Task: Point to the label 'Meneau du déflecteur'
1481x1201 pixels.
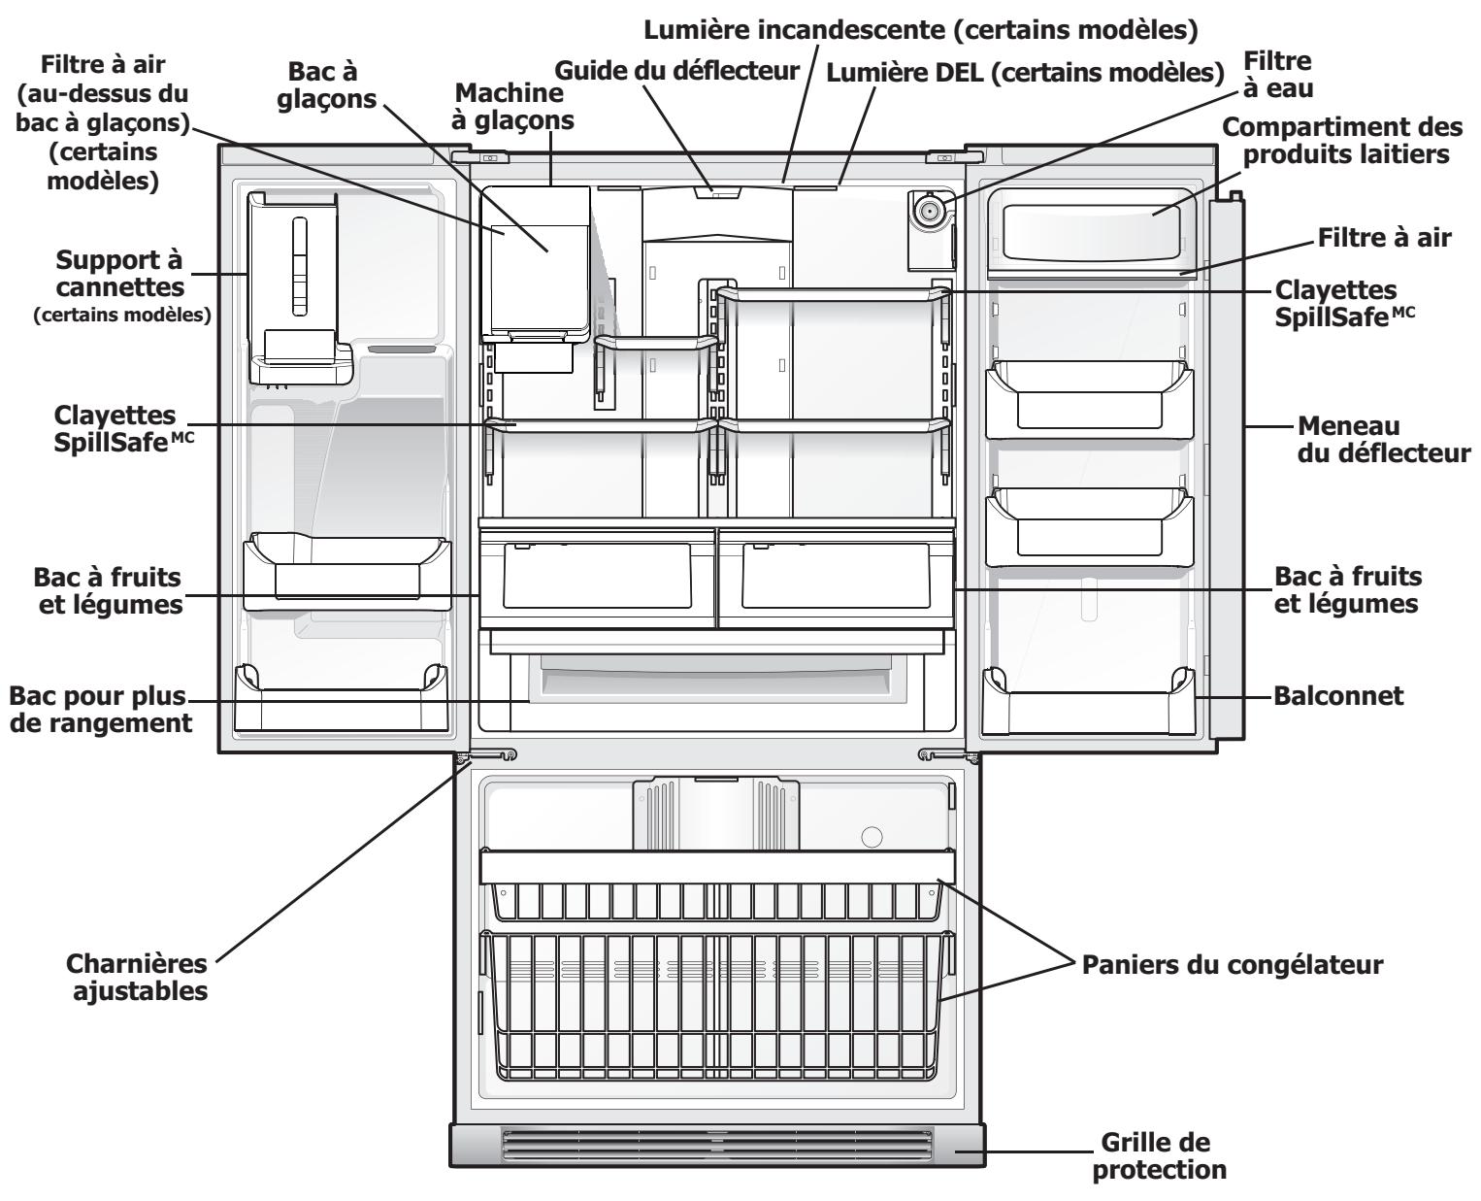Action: coord(1383,440)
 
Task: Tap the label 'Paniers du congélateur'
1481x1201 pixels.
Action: coord(1232,965)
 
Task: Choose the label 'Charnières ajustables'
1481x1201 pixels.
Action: coord(137,979)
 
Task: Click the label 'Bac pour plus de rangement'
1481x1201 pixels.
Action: coord(100,710)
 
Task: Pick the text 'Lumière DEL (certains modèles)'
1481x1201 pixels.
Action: coord(1020,71)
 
